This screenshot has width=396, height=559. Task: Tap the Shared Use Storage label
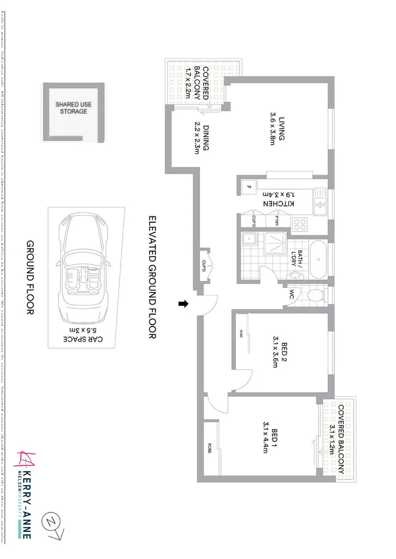coord(74,108)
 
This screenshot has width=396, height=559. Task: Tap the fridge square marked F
coord(249,187)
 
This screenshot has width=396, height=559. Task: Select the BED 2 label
coord(272,352)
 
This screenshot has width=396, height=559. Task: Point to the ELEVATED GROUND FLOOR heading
coord(152,277)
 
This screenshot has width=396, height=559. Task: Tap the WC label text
coord(292,295)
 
